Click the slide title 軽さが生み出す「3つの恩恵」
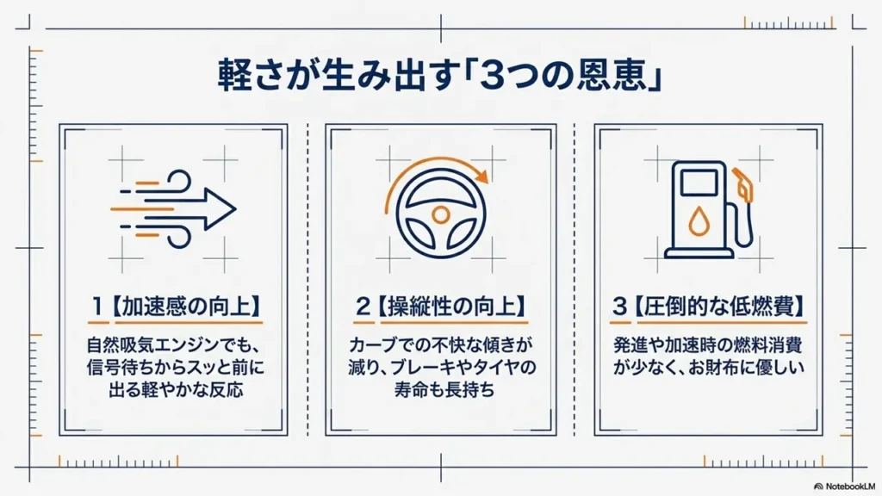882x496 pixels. coord(439,74)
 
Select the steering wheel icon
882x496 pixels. coord(440,214)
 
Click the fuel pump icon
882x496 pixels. coord(709,209)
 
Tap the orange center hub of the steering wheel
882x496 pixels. coord(440,214)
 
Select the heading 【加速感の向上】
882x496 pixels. coord(187,307)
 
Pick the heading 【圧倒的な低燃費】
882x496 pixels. coord(720,307)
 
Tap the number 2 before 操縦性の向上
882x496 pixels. coord(363,307)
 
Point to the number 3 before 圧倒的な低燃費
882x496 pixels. coord(619,307)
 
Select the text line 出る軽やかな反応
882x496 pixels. coord(176,390)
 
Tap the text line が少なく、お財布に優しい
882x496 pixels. coord(709,367)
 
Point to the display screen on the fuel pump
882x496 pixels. coord(699,183)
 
